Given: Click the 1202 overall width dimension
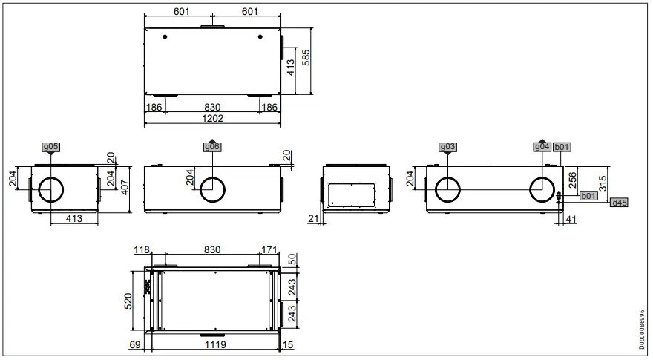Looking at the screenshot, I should point(213,118).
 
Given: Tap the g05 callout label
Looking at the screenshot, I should point(50,147).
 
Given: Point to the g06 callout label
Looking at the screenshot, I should point(211,147).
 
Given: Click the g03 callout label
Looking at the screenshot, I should point(448,147).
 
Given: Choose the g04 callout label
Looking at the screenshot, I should point(542,147).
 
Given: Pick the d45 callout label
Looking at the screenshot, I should point(618,202).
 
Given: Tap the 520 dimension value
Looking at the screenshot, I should point(128,301).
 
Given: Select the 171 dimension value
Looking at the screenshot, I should point(270,251).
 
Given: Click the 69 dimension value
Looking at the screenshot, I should point(134,345).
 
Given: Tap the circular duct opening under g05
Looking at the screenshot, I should point(50,190).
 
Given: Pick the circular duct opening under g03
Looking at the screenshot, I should point(448,190).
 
